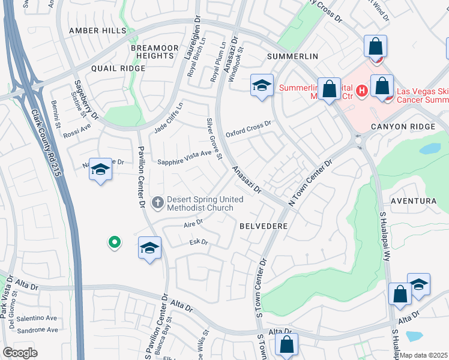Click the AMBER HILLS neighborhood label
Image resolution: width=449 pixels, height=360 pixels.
click(x=98, y=31)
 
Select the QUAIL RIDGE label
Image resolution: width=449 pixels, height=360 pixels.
click(x=118, y=68)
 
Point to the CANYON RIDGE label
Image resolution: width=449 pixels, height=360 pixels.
click(x=402, y=127)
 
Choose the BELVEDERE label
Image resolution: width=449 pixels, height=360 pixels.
click(x=264, y=226)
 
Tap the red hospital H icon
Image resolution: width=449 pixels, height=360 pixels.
click(x=361, y=91)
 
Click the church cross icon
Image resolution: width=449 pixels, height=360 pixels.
click(x=158, y=202)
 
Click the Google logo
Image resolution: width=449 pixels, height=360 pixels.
click(x=20, y=352)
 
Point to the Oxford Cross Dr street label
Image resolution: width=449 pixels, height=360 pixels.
click(x=249, y=130)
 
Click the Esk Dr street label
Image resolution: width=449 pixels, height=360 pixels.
click(x=197, y=242)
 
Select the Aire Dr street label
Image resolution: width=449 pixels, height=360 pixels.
click(x=193, y=223)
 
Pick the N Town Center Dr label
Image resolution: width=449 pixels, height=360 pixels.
click(x=310, y=183)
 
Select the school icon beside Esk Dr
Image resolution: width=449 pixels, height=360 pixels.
click(x=149, y=248)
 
